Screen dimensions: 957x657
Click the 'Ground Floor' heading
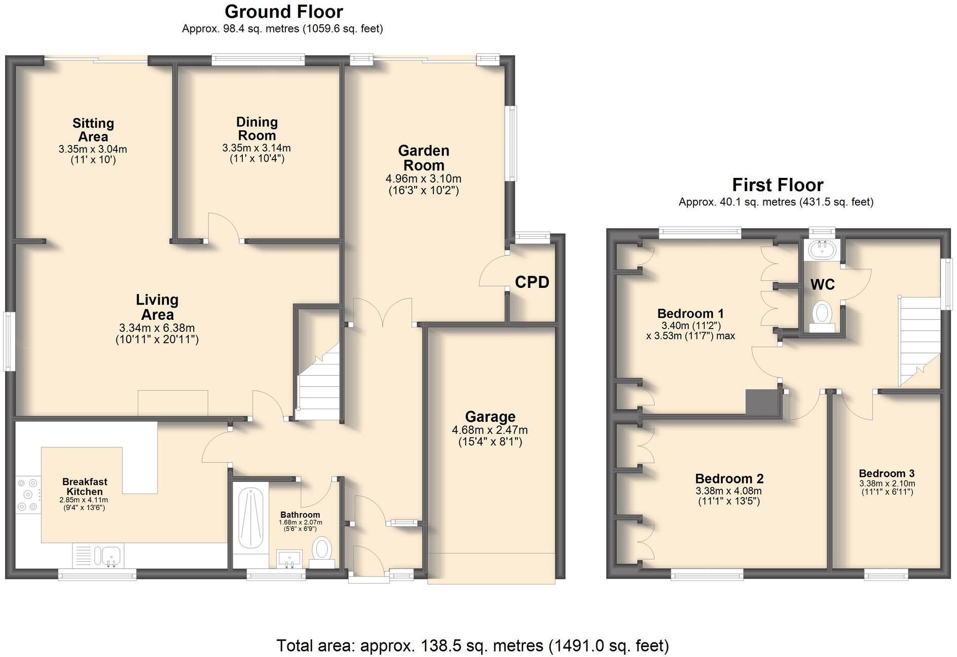click(283, 11)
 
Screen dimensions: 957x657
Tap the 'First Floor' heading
click(778, 185)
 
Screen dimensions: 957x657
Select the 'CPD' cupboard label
click(532, 282)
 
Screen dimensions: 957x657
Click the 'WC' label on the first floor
click(822, 284)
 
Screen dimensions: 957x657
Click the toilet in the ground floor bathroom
click(321, 552)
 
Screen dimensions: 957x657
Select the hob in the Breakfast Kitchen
click(28, 494)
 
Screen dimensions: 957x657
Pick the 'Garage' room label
click(490, 417)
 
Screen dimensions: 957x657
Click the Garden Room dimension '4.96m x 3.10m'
click(423, 179)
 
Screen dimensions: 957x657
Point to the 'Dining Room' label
click(256, 129)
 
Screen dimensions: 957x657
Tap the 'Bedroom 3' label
click(887, 473)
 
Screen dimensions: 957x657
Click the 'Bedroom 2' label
click(729, 479)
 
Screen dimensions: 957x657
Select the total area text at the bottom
click(472, 646)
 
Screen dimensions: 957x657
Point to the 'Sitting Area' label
click(93, 130)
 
